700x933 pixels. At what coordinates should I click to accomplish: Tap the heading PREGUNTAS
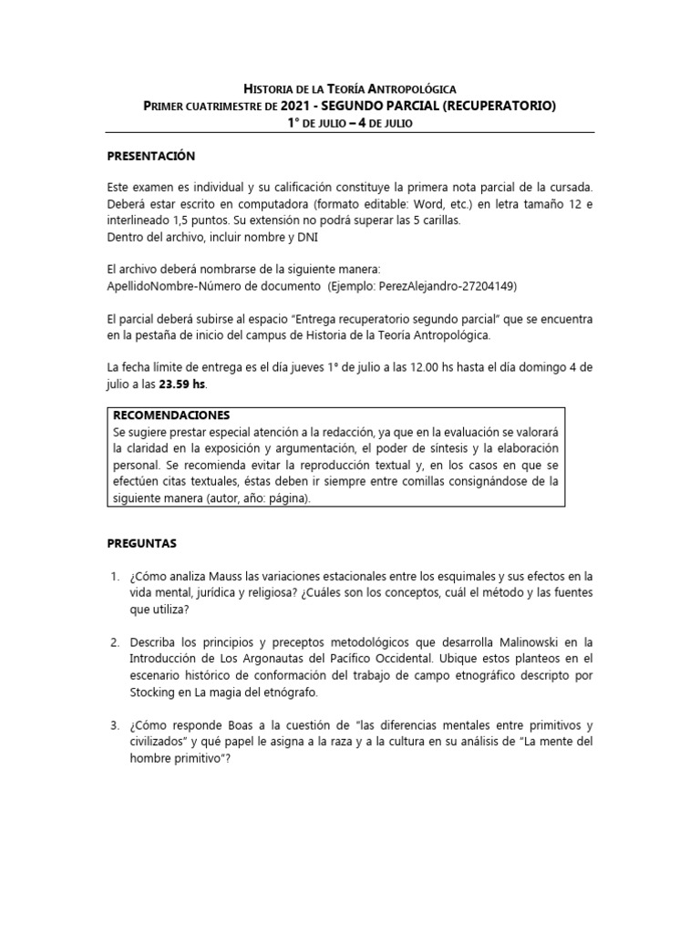tap(141, 543)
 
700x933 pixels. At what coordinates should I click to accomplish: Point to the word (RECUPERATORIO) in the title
tap(499, 106)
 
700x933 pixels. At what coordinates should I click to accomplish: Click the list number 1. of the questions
tap(115, 577)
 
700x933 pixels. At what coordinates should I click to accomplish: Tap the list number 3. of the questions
tap(115, 725)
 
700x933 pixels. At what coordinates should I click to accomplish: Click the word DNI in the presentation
tap(305, 236)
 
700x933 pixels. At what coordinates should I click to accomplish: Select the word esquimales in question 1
tap(469, 577)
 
